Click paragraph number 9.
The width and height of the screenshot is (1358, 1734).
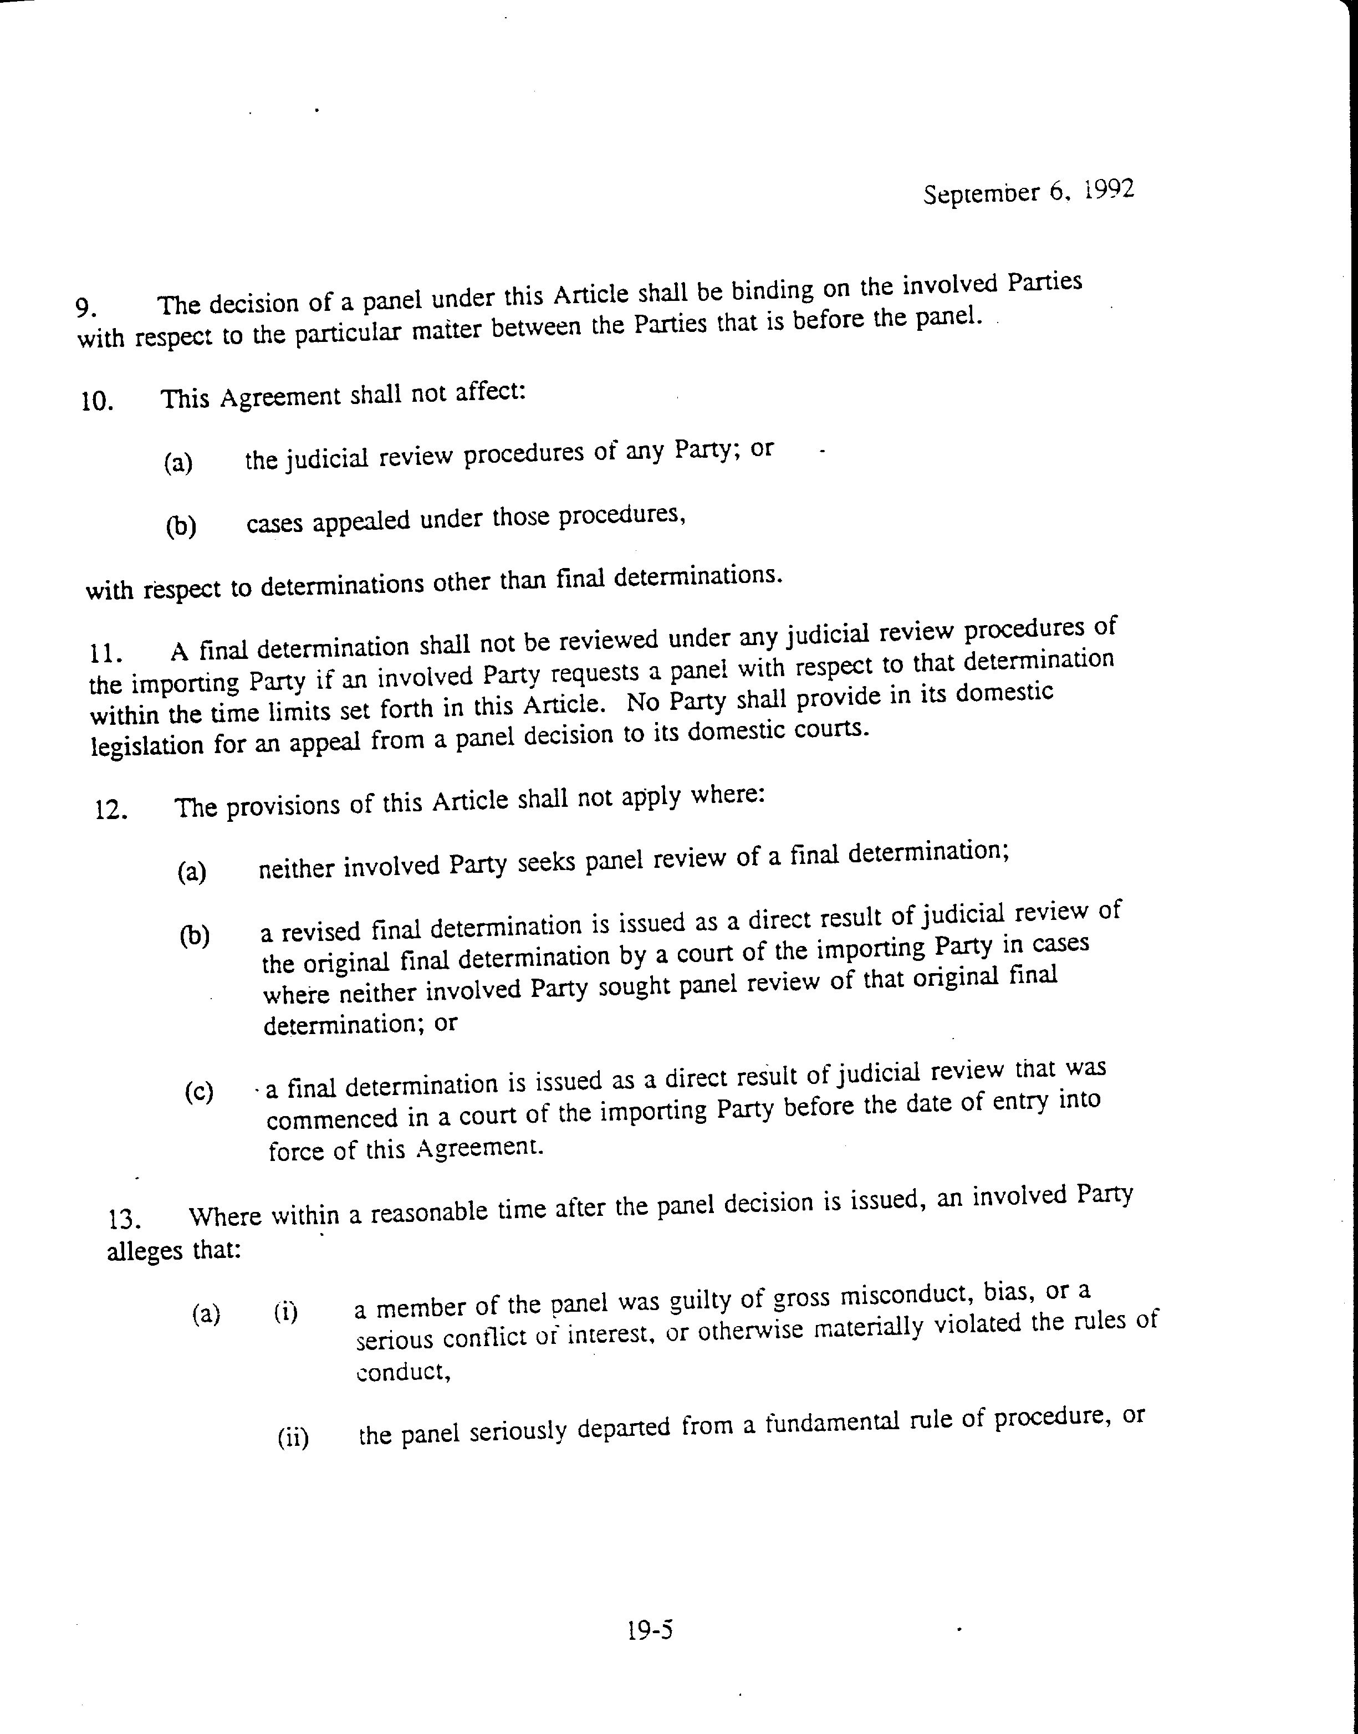pos(86,308)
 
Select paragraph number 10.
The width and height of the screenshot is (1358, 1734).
pos(96,400)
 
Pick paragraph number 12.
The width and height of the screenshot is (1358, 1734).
pos(111,810)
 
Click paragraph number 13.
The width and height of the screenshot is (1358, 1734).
pos(125,1219)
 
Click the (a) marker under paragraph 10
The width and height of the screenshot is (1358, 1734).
pos(178,462)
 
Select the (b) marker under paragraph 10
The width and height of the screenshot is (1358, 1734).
pos(181,526)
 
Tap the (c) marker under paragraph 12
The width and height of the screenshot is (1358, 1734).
pos(199,1092)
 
